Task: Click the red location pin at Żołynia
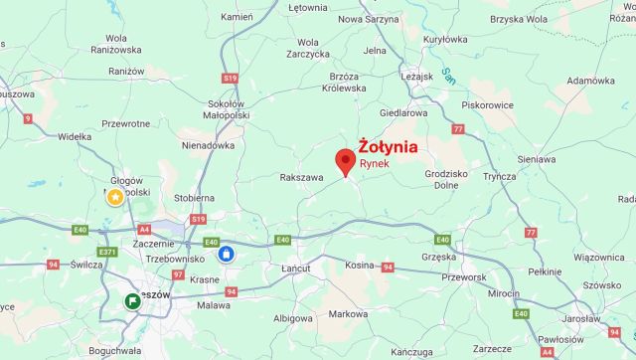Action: (346, 162)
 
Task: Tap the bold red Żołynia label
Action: (388, 146)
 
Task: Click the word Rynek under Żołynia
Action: (374, 162)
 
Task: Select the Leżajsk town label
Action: (418, 75)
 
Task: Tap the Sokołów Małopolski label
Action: (226, 108)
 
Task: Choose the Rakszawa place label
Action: (302, 178)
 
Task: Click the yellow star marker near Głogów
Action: (115, 197)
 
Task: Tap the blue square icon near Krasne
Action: (227, 254)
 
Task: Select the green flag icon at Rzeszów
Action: (132, 300)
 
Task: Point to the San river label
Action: (448, 73)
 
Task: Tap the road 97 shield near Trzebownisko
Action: (178, 273)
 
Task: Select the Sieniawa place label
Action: (537, 158)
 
